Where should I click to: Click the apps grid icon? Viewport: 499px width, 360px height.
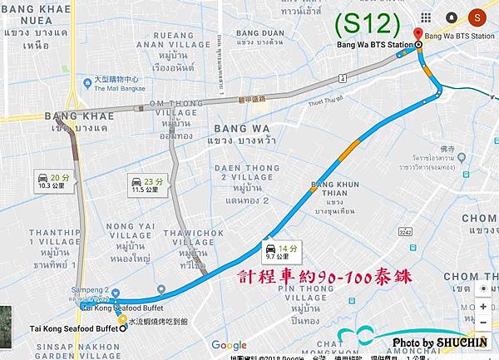[426, 17]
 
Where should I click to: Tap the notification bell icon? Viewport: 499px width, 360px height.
[451, 17]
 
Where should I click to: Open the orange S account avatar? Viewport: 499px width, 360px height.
[477, 17]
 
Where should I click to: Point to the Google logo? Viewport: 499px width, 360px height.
[229, 346]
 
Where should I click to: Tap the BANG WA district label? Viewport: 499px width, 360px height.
[242, 129]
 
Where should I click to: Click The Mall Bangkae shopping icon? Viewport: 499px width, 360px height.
[87, 82]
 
